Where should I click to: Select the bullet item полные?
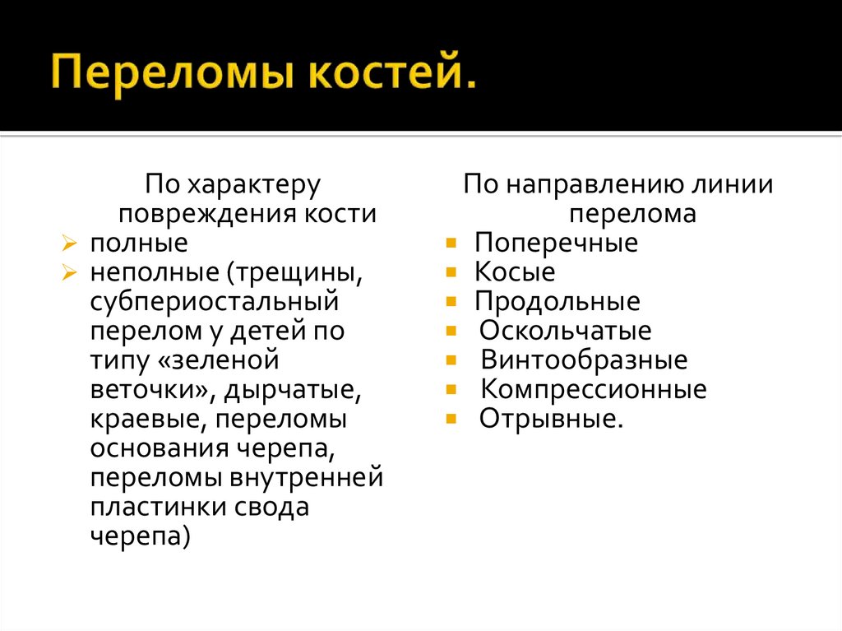(x=138, y=244)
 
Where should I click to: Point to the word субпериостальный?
(x=214, y=301)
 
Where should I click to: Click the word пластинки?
(x=153, y=507)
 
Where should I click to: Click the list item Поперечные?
(x=556, y=244)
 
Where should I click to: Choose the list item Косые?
(x=515, y=272)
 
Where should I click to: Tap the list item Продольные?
(x=557, y=302)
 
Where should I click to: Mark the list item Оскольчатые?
(x=566, y=332)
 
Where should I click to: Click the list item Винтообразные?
(x=584, y=360)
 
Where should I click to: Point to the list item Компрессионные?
(x=593, y=389)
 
